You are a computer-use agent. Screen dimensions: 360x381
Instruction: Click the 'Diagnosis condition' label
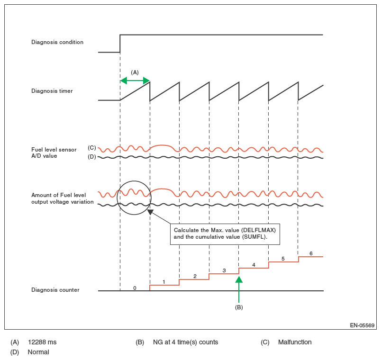(57, 42)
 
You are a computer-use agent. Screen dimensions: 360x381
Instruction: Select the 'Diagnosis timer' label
(52, 91)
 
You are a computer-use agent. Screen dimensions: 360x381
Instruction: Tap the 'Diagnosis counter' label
(55, 290)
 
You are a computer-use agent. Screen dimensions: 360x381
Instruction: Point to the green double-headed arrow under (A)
(135, 81)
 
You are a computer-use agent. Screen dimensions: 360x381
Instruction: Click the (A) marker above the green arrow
(135, 72)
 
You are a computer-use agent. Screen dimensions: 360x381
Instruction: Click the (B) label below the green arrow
(239, 307)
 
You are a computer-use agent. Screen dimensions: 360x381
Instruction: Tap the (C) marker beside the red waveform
(92, 148)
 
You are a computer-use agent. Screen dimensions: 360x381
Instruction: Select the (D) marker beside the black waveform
(92, 156)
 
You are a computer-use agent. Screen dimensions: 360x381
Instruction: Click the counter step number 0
(135, 288)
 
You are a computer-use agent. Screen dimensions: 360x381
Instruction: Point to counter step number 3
(224, 270)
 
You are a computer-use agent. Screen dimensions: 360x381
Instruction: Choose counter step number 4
(254, 265)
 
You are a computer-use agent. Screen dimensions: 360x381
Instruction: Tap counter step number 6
(311, 253)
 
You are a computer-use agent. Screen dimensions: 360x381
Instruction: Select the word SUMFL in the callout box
(251, 237)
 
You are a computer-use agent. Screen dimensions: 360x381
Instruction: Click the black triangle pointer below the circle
(150, 212)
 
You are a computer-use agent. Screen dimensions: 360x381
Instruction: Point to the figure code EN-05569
(362, 325)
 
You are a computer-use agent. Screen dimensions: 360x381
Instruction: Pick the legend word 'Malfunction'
(295, 342)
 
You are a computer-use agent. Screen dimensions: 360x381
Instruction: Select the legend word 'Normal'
(38, 352)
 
